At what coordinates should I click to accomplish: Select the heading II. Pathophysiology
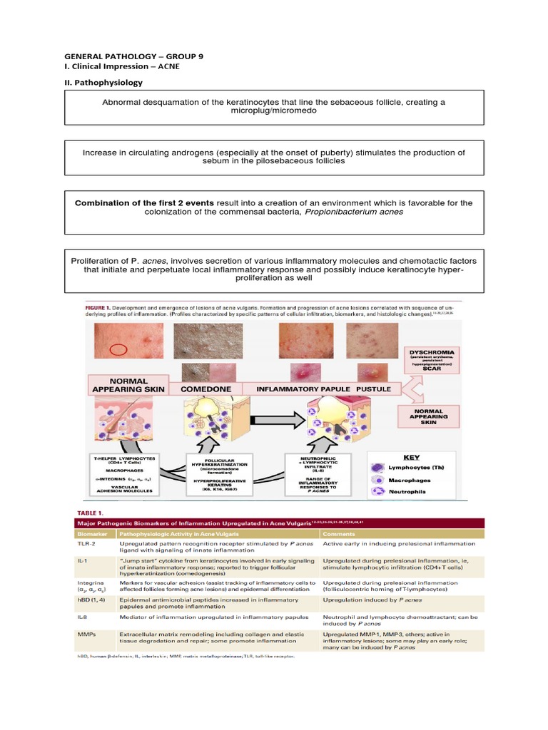tap(103, 83)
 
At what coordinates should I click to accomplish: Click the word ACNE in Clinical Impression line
tap(169, 66)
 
